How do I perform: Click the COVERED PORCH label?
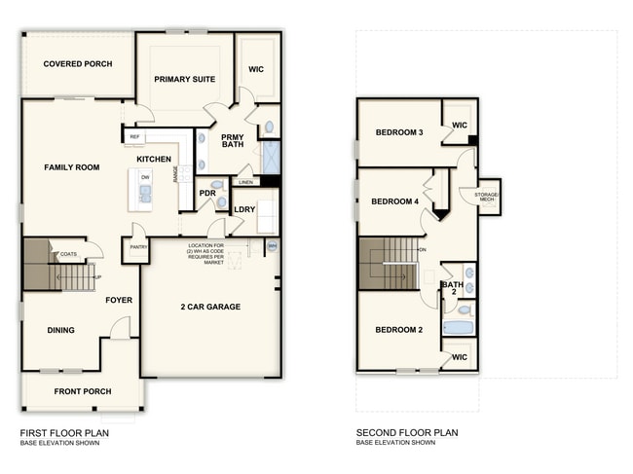pyautogui.click(x=78, y=64)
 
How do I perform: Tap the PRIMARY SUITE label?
pyautogui.click(x=185, y=79)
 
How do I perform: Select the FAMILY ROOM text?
pyautogui.click(x=72, y=167)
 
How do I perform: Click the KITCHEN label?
pyautogui.click(x=154, y=159)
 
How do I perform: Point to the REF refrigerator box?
pyautogui.click(x=135, y=137)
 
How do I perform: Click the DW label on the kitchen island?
pyautogui.click(x=144, y=176)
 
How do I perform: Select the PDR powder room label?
pyautogui.click(x=207, y=193)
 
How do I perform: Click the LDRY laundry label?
pyautogui.click(x=244, y=209)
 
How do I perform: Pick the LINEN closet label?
pyautogui.click(x=245, y=182)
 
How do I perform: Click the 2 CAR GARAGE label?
pyautogui.click(x=210, y=307)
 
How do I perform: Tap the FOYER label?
pyautogui.click(x=119, y=300)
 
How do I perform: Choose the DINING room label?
pyautogui.click(x=60, y=330)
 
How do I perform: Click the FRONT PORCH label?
pyautogui.click(x=83, y=391)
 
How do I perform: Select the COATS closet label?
pyautogui.click(x=68, y=254)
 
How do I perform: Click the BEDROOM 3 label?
pyautogui.click(x=399, y=132)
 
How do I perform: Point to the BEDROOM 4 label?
pyautogui.click(x=394, y=201)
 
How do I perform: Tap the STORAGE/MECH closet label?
pyautogui.click(x=487, y=197)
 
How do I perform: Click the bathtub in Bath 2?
pyautogui.click(x=458, y=328)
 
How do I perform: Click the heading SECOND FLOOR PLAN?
pyautogui.click(x=406, y=433)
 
